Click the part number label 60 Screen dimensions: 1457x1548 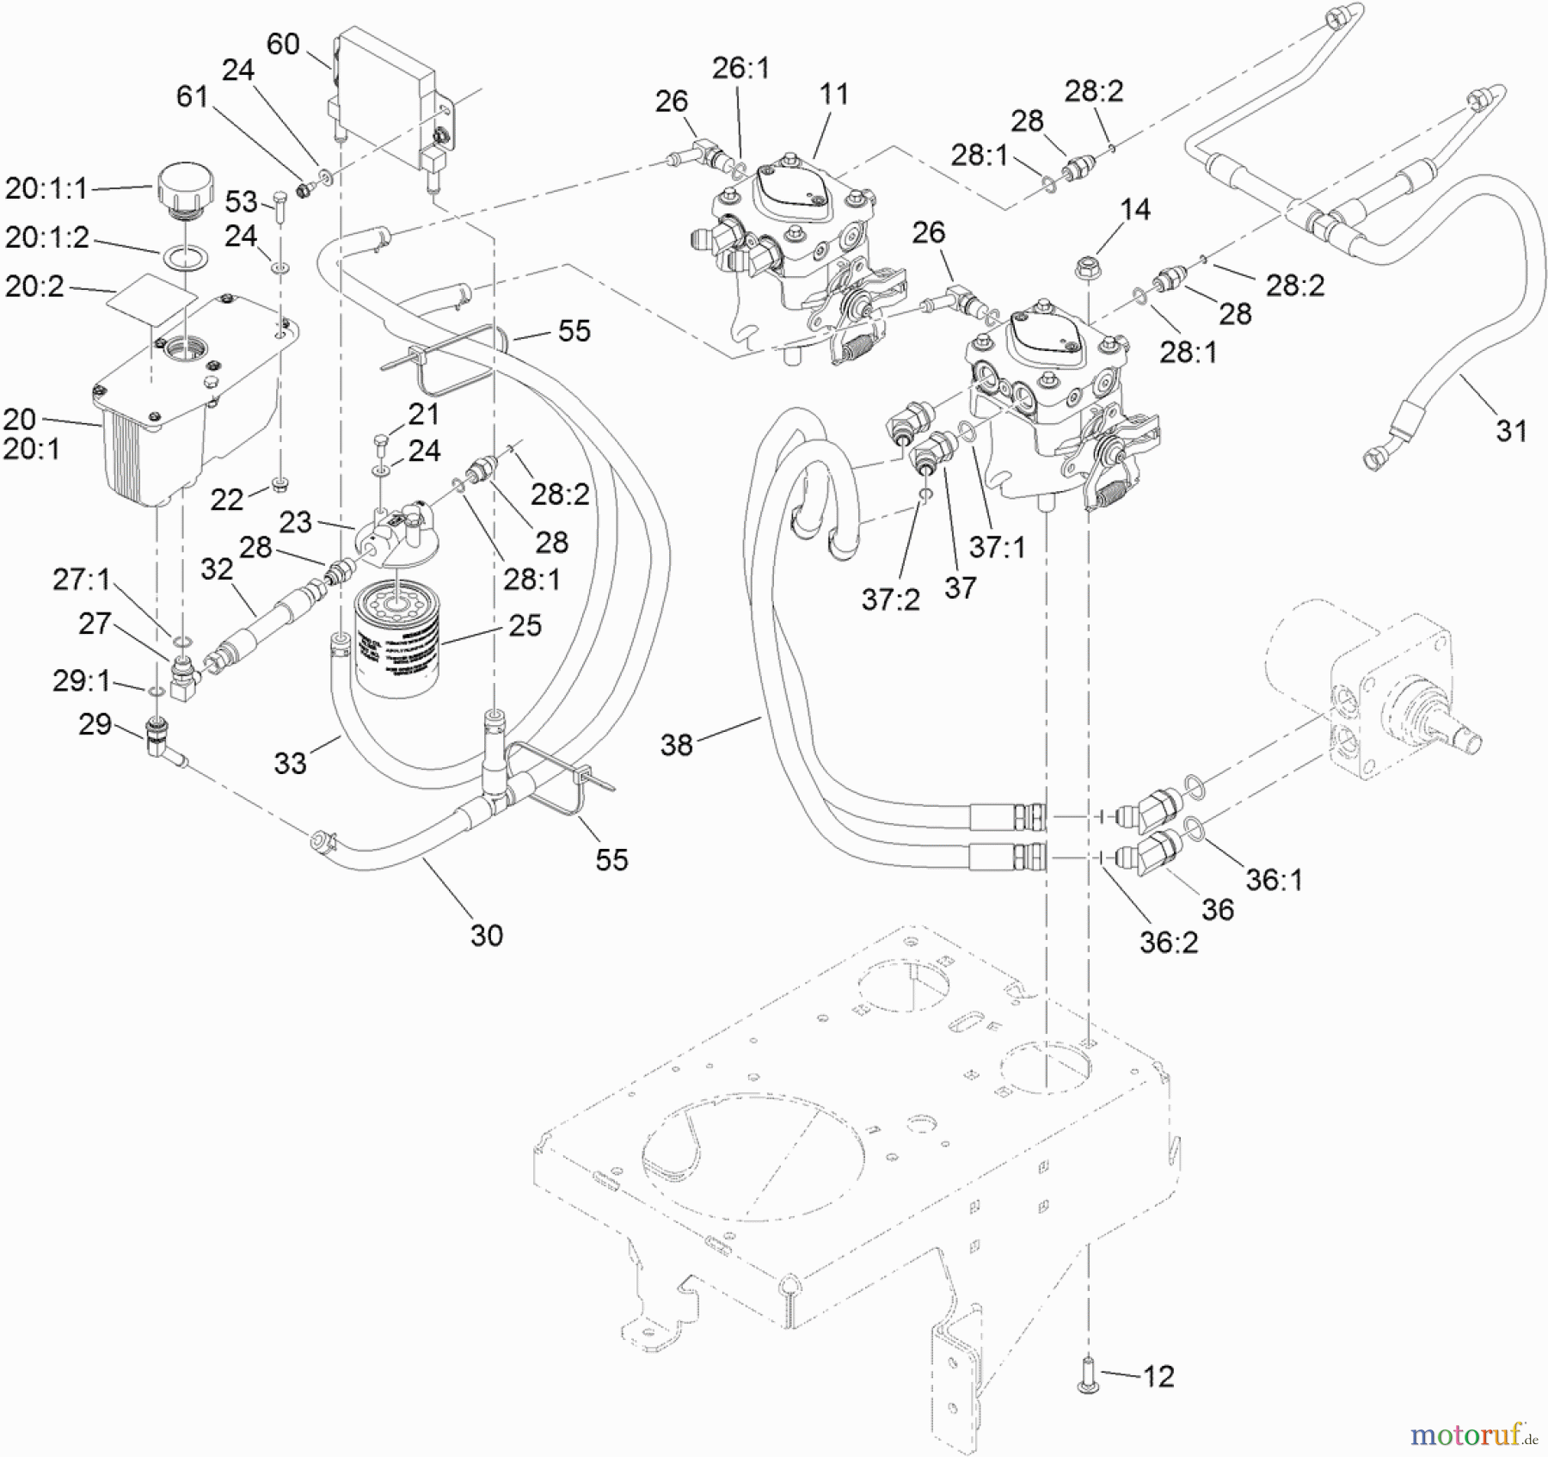[x=283, y=44]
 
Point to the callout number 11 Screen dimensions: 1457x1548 [x=833, y=94]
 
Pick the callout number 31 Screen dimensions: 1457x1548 [x=1511, y=430]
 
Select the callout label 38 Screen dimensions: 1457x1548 [x=677, y=745]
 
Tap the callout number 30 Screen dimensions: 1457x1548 [x=487, y=935]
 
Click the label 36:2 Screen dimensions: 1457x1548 [x=1169, y=943]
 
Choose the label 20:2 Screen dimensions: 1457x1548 [x=34, y=286]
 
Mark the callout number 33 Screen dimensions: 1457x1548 [x=290, y=763]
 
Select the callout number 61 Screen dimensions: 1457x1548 [x=192, y=97]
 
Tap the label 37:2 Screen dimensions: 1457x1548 [x=890, y=599]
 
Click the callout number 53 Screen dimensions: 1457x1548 [x=241, y=202]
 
